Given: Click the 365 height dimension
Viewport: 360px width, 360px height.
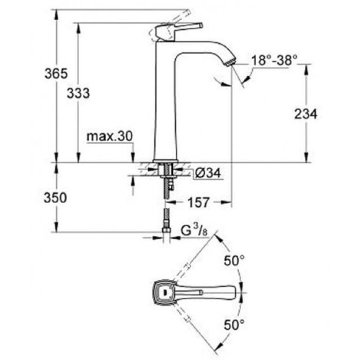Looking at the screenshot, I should [56, 74].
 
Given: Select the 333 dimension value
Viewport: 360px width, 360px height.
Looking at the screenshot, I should [79, 94].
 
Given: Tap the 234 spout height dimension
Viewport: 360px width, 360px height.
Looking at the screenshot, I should [306, 114].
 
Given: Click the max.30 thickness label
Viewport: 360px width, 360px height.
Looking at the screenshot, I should [109, 136].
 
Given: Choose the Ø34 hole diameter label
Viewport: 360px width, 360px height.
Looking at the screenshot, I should [208, 174].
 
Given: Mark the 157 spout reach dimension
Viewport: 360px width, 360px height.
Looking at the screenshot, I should [199, 203].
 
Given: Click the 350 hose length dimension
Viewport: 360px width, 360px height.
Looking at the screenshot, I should [56, 198].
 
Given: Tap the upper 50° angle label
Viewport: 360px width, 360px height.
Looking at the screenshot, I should [234, 261].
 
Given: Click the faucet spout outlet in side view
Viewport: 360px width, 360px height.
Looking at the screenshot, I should [230, 62].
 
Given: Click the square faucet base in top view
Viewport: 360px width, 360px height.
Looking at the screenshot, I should [164, 292].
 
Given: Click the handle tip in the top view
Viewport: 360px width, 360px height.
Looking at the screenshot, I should [238, 292].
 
